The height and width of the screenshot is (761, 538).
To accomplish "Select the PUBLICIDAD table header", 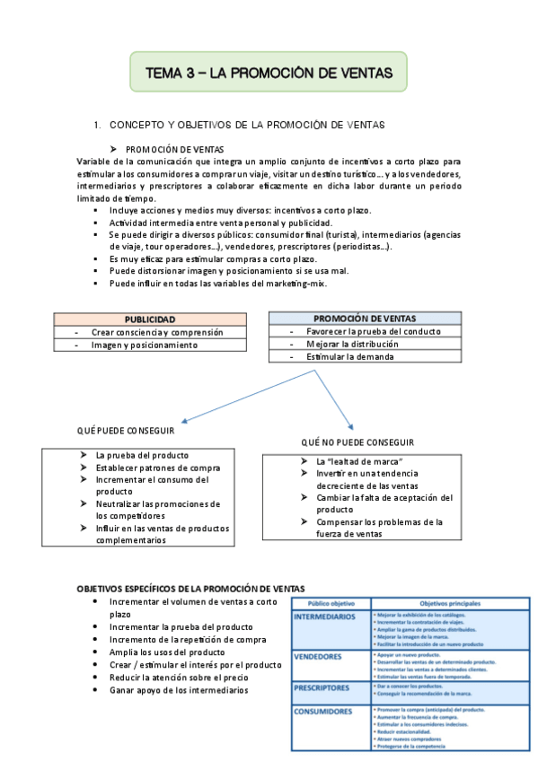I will pos(149,319).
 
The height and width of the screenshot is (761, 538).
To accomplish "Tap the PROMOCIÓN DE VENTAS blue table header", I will pos(365,319).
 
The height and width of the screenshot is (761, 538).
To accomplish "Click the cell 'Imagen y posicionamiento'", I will pos(144,345).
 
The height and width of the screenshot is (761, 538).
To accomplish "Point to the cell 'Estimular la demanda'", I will pos(349,356).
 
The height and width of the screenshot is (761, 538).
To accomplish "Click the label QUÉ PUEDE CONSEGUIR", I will pos(126,432).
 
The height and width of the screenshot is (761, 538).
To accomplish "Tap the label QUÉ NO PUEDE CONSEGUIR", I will pos(357,442).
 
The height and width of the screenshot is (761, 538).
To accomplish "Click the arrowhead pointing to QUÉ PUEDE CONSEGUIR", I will pos(182,419).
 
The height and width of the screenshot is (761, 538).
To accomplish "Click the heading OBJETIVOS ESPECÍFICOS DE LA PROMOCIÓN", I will pos(190,588).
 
